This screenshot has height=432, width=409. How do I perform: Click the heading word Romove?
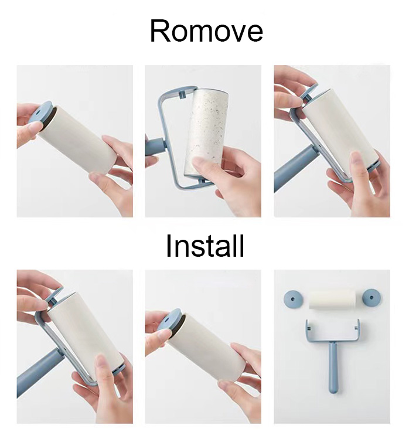click(206, 32)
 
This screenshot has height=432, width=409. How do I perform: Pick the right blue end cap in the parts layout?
click(370, 297)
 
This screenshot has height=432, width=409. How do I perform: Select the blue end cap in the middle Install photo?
click(171, 320)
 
